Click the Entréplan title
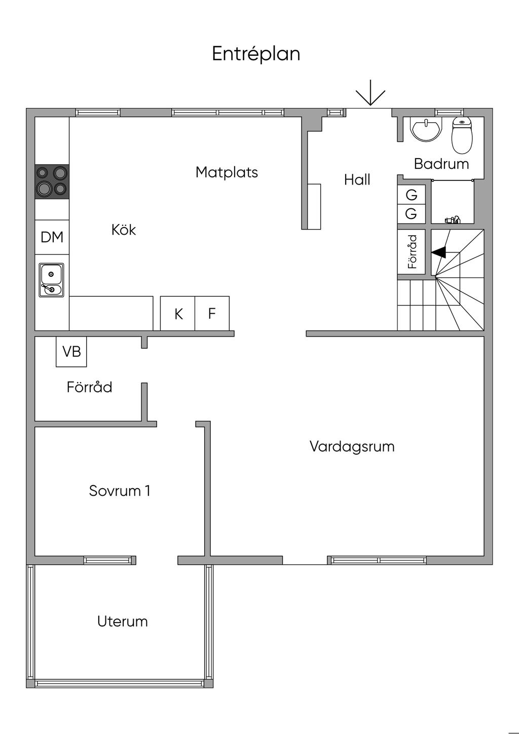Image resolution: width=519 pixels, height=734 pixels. [x=256, y=54]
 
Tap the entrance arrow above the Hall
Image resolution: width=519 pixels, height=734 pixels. [x=370, y=93]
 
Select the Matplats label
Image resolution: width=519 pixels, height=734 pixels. [x=227, y=172]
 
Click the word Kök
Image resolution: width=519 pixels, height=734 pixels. [x=124, y=230]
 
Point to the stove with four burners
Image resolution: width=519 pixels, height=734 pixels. [x=52, y=181]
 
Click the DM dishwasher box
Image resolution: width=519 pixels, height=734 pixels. [x=52, y=237]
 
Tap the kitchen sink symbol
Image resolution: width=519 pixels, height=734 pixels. [x=52, y=280]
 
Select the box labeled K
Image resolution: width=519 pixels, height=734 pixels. [x=178, y=314]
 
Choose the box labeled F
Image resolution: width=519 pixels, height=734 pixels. [x=212, y=314]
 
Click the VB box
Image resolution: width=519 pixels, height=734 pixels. [x=71, y=351]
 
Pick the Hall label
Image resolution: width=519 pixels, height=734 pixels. [x=357, y=179]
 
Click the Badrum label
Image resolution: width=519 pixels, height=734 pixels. [x=441, y=164]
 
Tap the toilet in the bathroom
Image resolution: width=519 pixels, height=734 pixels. [x=462, y=135]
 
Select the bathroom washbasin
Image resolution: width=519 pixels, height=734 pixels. [x=426, y=129]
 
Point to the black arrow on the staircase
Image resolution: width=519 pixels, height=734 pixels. [x=439, y=252]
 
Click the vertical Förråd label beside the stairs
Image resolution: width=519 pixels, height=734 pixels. [x=412, y=251]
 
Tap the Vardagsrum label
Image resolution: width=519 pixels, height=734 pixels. [x=352, y=447]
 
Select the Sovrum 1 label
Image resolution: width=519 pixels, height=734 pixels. [x=120, y=491]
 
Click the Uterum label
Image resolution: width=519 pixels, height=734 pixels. [x=123, y=621]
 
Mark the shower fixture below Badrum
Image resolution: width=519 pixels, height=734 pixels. [x=452, y=219]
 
